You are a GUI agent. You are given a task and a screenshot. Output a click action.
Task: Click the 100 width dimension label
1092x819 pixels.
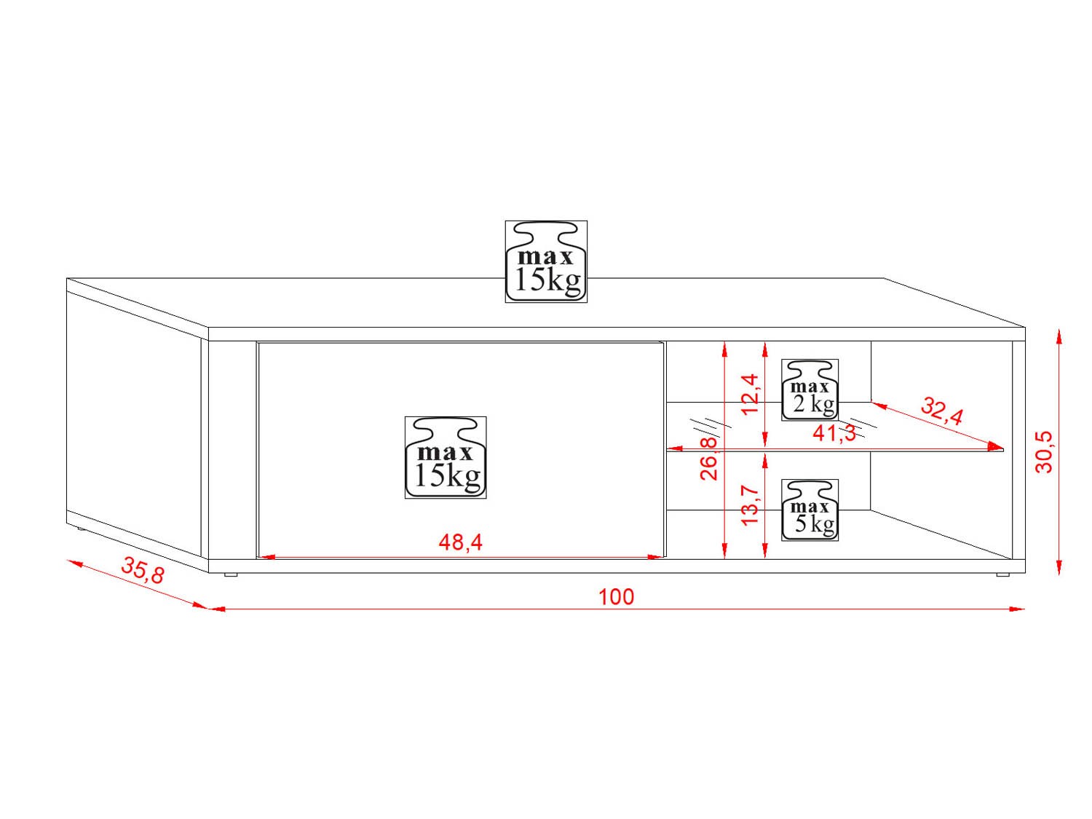[x=616, y=597]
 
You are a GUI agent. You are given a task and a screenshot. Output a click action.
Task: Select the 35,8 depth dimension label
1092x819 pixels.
[x=143, y=569]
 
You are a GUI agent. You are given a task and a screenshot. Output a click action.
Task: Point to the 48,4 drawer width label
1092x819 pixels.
[x=460, y=542]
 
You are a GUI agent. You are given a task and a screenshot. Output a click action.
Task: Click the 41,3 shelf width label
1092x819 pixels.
[x=834, y=434]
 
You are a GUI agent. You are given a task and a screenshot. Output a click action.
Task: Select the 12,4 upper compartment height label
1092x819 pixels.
[x=750, y=394]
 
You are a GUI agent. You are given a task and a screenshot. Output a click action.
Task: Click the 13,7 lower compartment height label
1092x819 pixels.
[x=750, y=505]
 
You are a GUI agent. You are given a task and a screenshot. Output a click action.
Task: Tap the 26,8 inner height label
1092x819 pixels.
[x=708, y=459]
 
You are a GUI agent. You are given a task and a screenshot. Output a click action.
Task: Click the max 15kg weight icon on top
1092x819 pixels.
[x=546, y=262]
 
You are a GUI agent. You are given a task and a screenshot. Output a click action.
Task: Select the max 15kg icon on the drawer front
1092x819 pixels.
[x=446, y=458]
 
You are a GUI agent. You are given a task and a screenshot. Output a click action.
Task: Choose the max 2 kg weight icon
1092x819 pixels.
[x=810, y=390]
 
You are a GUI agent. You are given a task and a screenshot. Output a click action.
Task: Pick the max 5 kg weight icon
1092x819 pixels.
[x=810, y=510]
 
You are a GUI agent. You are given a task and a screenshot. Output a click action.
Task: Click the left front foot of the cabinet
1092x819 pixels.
[x=231, y=575]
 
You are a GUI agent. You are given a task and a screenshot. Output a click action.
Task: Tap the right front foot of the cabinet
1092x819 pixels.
[x=1002, y=575]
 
